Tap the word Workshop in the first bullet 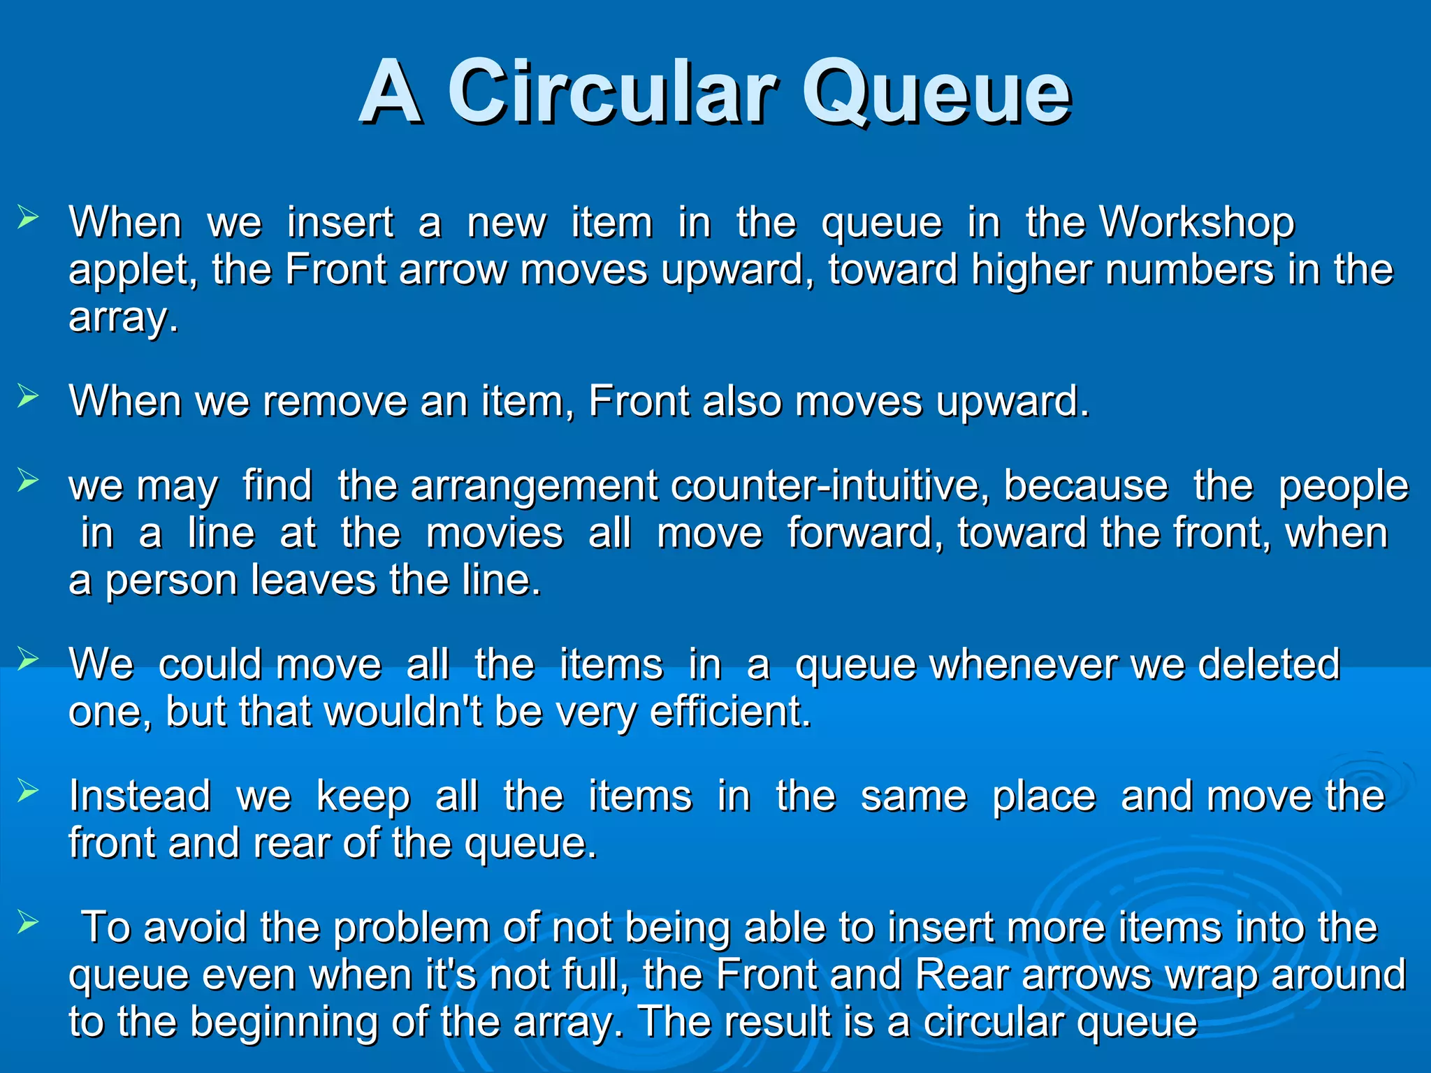1197,223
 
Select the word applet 133,271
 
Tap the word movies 494,533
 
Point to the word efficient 730,712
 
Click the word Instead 140,796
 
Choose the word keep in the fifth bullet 363,797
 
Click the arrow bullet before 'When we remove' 28,397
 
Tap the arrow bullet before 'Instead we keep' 28,791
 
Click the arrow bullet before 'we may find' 28,481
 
